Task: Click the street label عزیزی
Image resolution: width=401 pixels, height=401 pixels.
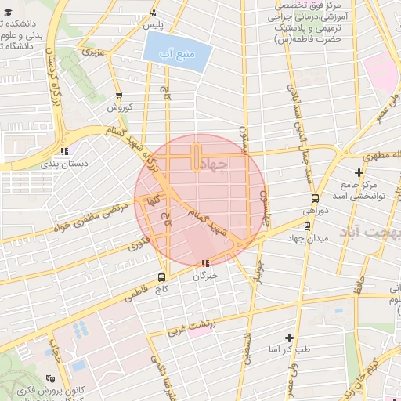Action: pos(93,55)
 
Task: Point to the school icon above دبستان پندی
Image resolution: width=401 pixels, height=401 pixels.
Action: pos(64,152)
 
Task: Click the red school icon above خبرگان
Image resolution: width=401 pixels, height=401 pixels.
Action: pos(205,264)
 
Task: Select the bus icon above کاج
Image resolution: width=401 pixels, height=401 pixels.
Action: pos(162,276)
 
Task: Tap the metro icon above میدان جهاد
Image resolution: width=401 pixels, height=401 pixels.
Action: pos(306,226)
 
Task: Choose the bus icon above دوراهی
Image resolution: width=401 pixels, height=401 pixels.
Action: pos(315,198)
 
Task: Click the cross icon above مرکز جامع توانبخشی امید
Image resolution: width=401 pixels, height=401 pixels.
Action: pos(359,172)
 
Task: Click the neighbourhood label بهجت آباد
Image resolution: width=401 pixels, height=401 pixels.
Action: pos(370,233)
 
